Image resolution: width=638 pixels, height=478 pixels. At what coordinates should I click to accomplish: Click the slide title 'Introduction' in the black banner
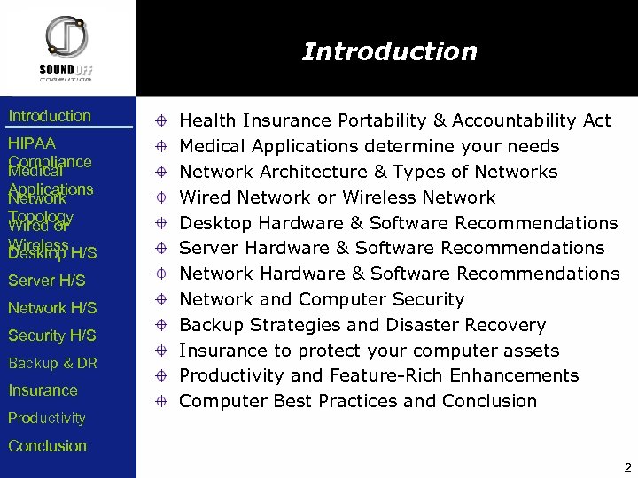[389, 51]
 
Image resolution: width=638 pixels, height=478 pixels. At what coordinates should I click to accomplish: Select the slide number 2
[627, 467]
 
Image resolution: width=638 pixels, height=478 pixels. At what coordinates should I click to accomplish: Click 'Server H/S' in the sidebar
[47, 281]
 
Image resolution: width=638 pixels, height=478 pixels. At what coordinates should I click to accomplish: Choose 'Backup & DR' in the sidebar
[52, 363]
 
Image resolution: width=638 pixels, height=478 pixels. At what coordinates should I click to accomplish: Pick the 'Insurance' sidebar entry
[43, 390]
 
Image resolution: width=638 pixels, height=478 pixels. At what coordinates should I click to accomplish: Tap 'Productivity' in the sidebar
[47, 418]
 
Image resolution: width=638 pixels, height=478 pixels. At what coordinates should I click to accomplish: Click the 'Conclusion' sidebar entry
[47, 446]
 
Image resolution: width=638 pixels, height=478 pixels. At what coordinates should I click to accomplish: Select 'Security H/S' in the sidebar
[51, 335]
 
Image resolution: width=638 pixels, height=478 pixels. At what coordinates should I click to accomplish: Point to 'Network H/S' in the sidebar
[52, 308]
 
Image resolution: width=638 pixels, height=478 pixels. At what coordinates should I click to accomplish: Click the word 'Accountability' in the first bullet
[520, 120]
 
